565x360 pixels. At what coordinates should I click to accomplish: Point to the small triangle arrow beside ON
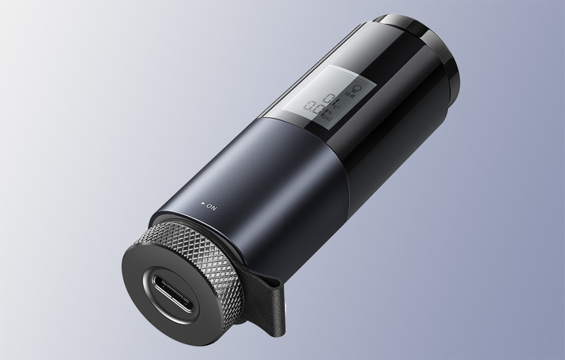[x=204, y=204]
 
